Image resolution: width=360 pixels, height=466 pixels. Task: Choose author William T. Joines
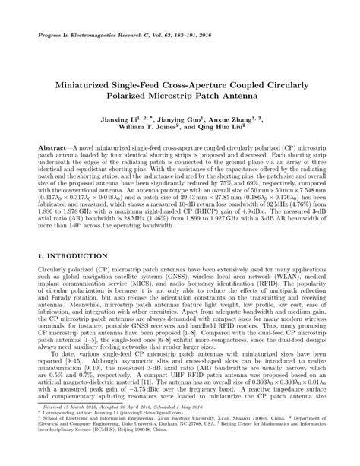[x=155, y=130]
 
